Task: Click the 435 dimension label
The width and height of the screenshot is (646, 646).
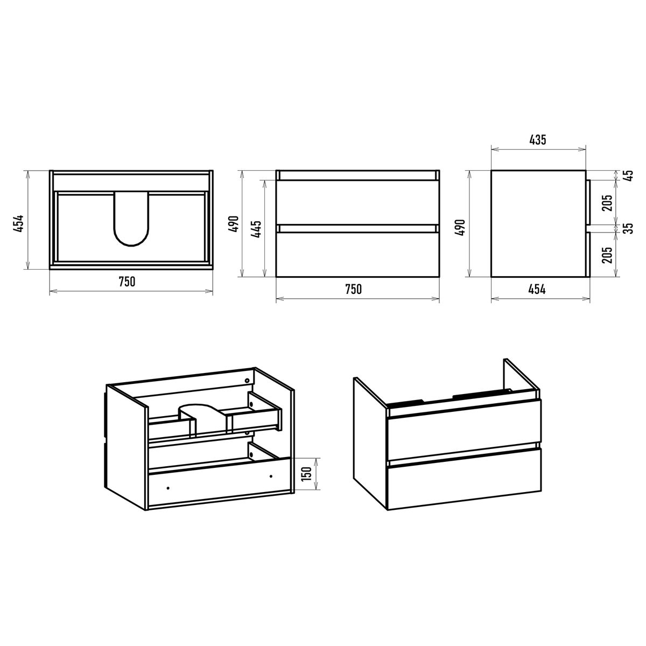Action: coord(538,139)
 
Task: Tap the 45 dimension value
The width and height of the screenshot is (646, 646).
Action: coord(629,175)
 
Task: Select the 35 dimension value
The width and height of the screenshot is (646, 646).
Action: coord(629,228)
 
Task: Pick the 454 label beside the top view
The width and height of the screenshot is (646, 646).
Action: coord(19,223)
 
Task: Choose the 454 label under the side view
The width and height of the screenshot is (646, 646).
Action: coord(537,289)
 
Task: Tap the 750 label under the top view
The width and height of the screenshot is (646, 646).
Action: coord(127,282)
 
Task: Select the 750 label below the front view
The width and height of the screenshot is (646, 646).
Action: coord(353,289)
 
